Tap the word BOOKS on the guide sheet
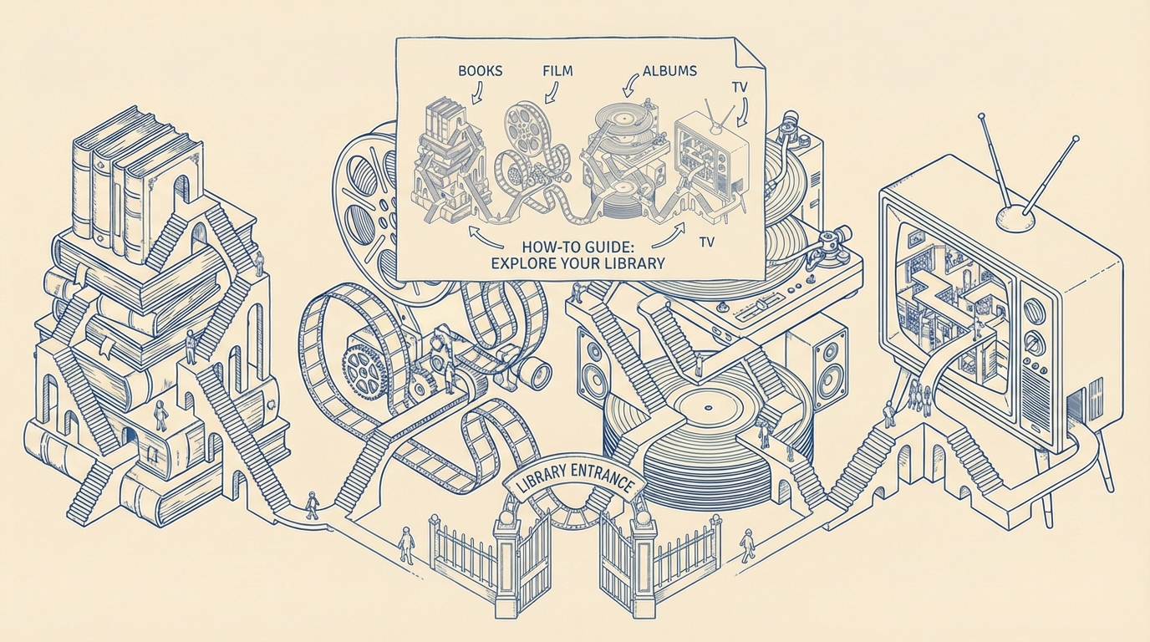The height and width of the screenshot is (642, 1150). click(480, 71)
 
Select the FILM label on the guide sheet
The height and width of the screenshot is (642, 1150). click(557, 70)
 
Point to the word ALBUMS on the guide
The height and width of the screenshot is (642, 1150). click(669, 71)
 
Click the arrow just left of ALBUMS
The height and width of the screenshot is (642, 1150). click(630, 84)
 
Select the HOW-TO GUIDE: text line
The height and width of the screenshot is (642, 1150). click(579, 246)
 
